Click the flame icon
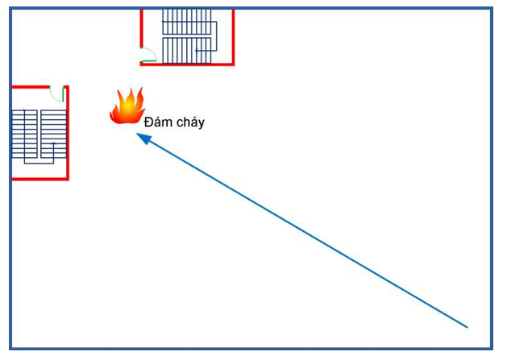click(x=127, y=107)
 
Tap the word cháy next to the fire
click(x=188, y=123)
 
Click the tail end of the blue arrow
click(x=467, y=326)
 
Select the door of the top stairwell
click(x=147, y=56)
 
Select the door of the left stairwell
click(x=56, y=93)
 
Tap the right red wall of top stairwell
click(x=233, y=36)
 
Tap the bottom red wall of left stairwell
click(x=39, y=178)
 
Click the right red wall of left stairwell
click(x=67, y=133)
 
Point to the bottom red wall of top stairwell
click(x=187, y=64)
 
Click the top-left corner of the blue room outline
click(x=11, y=9)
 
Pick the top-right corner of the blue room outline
click(x=491, y=9)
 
